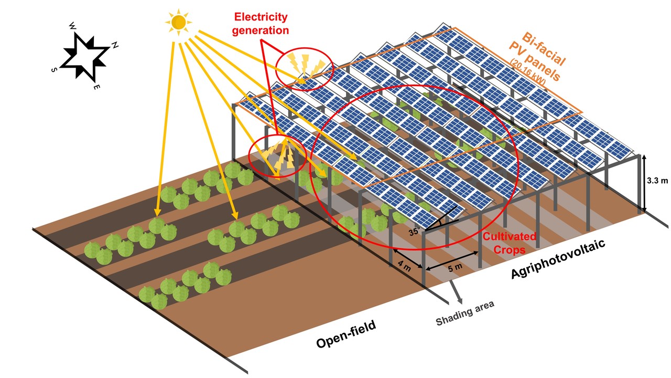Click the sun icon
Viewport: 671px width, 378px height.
pos(178,23)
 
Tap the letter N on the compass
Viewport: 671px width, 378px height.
pos(115,46)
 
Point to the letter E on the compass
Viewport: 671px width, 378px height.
pos(97,87)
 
